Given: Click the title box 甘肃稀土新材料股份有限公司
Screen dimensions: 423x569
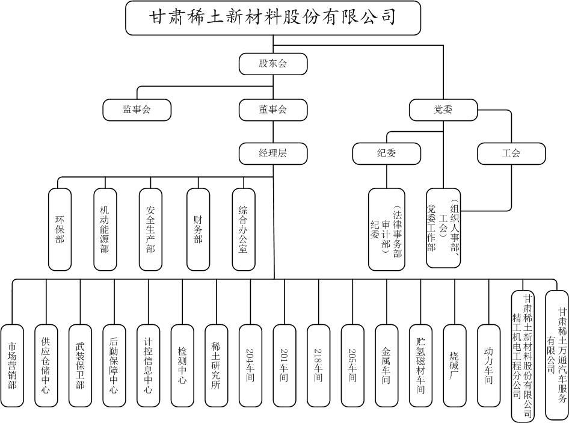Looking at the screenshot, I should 273,17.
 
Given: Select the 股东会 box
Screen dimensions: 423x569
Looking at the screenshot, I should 273,63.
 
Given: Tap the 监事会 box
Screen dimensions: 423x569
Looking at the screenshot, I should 137,110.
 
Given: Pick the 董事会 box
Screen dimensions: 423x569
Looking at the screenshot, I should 273,110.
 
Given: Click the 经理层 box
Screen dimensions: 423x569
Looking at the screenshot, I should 273,153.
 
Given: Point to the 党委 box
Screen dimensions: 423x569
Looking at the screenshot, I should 443,110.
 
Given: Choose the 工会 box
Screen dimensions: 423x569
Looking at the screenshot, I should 511,153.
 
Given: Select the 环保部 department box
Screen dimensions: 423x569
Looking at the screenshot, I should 60,229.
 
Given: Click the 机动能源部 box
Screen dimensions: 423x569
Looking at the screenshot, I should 105,229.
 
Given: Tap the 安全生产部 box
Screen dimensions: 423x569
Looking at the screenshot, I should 150,229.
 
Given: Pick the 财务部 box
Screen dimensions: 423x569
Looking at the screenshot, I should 198,229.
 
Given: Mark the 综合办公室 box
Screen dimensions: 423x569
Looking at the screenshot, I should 243,229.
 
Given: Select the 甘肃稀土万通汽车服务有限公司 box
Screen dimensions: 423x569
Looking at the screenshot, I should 556,355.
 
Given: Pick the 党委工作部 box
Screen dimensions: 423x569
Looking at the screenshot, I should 443,228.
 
